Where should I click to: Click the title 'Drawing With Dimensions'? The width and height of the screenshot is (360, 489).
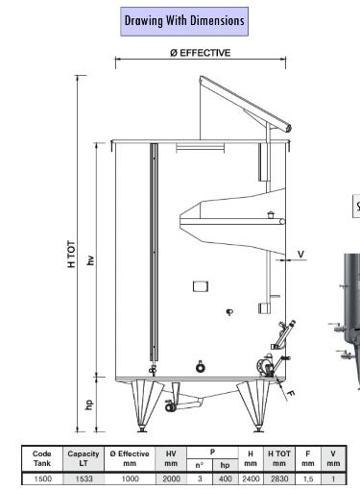[x=184, y=20]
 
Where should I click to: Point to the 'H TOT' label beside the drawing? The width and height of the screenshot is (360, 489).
[x=60, y=255]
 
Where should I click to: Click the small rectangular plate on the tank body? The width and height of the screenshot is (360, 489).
[x=200, y=286]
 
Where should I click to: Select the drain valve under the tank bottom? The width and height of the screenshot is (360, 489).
[x=173, y=407]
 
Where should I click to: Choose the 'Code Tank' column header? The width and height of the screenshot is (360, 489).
[x=42, y=458]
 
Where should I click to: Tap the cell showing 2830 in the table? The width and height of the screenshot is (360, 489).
[x=279, y=477]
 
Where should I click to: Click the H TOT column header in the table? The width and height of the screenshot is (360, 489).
[x=279, y=458]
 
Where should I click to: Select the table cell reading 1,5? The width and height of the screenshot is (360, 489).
[x=308, y=477]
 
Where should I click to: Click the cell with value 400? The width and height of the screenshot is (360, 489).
[x=224, y=477]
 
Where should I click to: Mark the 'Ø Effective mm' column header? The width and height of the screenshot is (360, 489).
[x=127, y=458]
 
